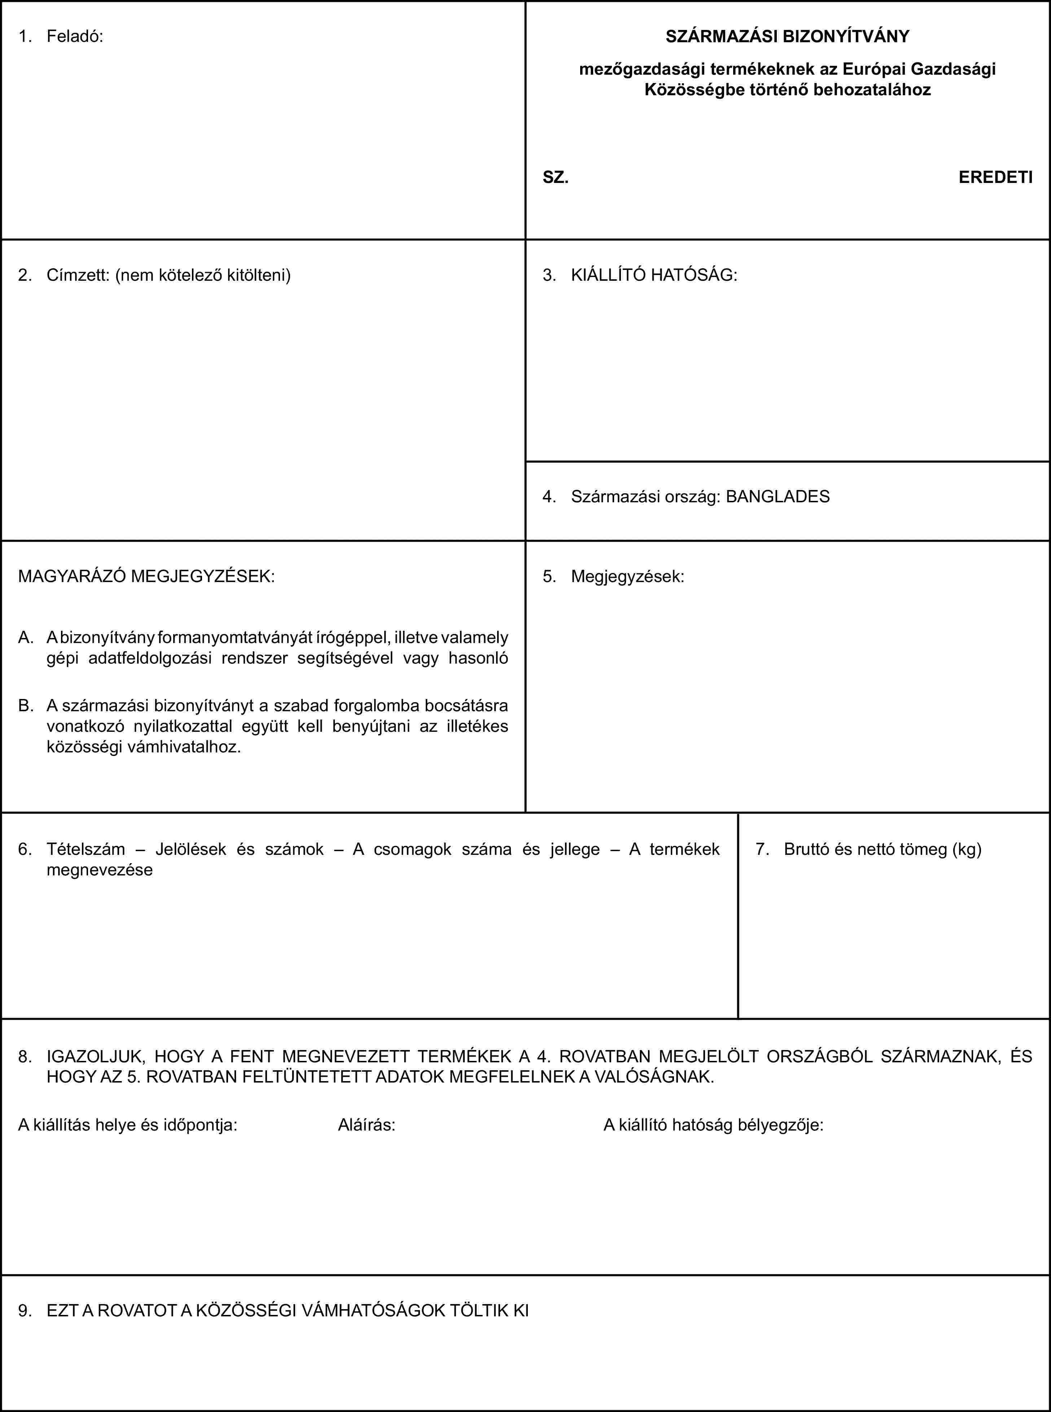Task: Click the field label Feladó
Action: tap(74, 36)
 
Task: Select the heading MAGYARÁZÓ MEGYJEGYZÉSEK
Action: tap(146, 577)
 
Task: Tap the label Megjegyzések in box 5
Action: tap(627, 577)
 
